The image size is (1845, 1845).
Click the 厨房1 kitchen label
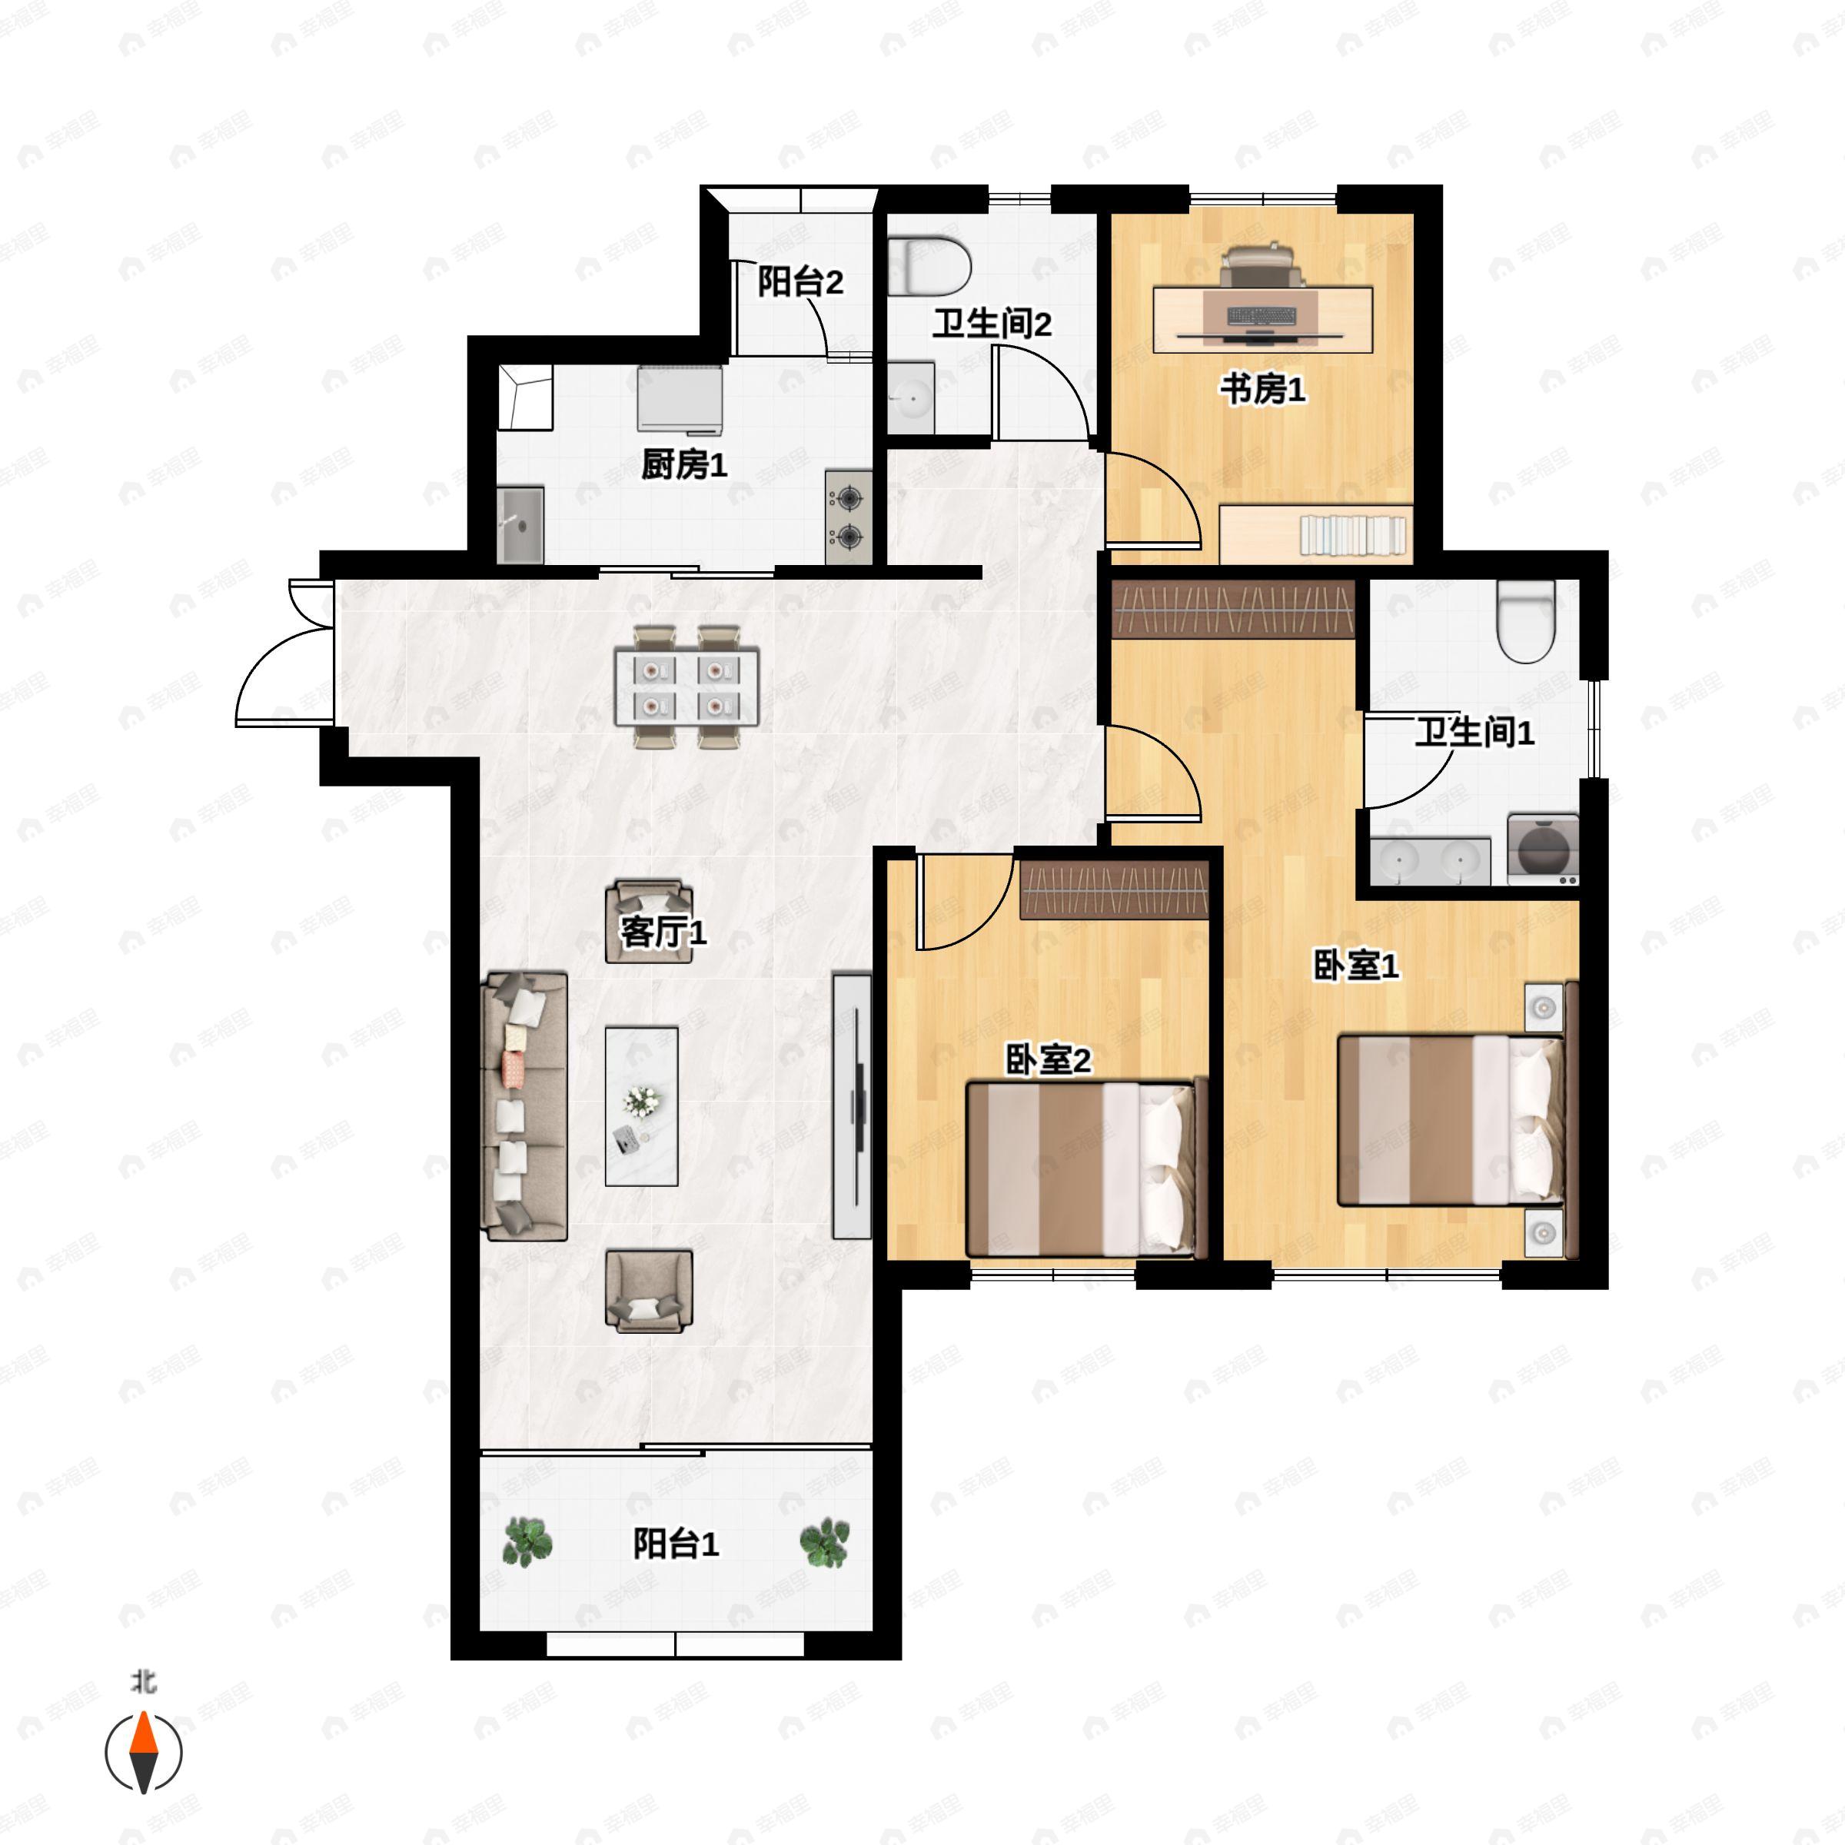(x=683, y=465)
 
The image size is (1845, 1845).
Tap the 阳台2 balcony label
(x=800, y=283)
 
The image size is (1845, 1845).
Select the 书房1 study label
(x=1262, y=390)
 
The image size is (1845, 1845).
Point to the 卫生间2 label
(x=992, y=324)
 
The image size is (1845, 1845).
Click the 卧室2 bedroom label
(x=1049, y=1060)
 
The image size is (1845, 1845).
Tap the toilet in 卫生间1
(x=1526, y=622)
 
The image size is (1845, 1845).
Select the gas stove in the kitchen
(x=848, y=517)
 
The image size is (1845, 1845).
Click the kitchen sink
(x=520, y=524)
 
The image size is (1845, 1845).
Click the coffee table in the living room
(x=642, y=1107)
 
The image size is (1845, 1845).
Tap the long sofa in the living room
(x=526, y=1107)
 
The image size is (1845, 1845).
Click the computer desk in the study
(x=1263, y=319)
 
